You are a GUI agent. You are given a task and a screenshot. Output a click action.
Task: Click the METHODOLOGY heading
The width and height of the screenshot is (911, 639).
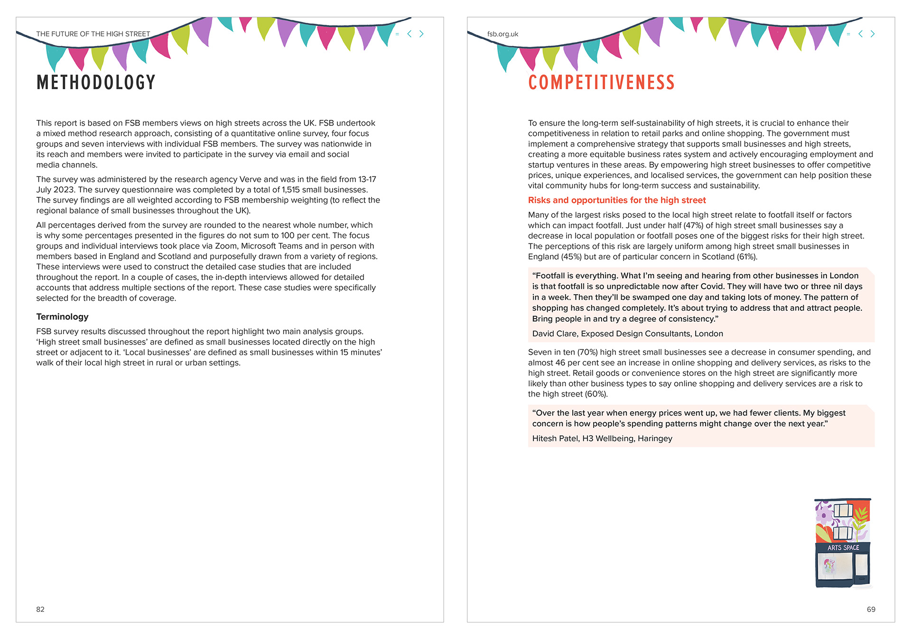click(x=96, y=83)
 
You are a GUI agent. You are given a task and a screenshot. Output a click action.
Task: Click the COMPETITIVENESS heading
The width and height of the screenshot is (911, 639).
click(x=601, y=83)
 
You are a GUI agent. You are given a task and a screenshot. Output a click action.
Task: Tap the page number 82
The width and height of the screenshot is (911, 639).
click(x=40, y=609)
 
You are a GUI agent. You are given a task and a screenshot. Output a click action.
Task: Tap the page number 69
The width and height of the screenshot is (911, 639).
click(x=871, y=609)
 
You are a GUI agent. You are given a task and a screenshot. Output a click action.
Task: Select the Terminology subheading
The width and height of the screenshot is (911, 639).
click(x=62, y=316)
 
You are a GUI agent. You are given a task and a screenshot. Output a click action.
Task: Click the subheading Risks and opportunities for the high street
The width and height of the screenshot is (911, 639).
click(x=617, y=200)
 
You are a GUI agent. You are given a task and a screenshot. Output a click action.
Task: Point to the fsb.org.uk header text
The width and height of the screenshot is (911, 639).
click(x=502, y=34)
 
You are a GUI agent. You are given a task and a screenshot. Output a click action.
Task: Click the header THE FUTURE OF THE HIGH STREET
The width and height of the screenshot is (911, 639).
click(x=93, y=34)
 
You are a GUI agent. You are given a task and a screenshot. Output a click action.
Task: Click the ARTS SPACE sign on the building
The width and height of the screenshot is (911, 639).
click(x=843, y=547)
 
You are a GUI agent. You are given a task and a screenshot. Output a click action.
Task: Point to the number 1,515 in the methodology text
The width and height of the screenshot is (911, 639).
click(x=291, y=190)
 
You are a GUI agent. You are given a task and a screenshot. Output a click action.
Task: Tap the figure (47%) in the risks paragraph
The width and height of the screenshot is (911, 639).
click(x=693, y=225)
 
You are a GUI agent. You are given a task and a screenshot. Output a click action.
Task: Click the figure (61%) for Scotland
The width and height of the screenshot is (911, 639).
click(x=747, y=257)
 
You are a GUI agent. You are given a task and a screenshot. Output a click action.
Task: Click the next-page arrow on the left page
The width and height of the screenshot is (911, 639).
click(x=421, y=34)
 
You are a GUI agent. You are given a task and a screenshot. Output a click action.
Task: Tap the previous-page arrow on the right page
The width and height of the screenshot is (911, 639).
click(x=860, y=34)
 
